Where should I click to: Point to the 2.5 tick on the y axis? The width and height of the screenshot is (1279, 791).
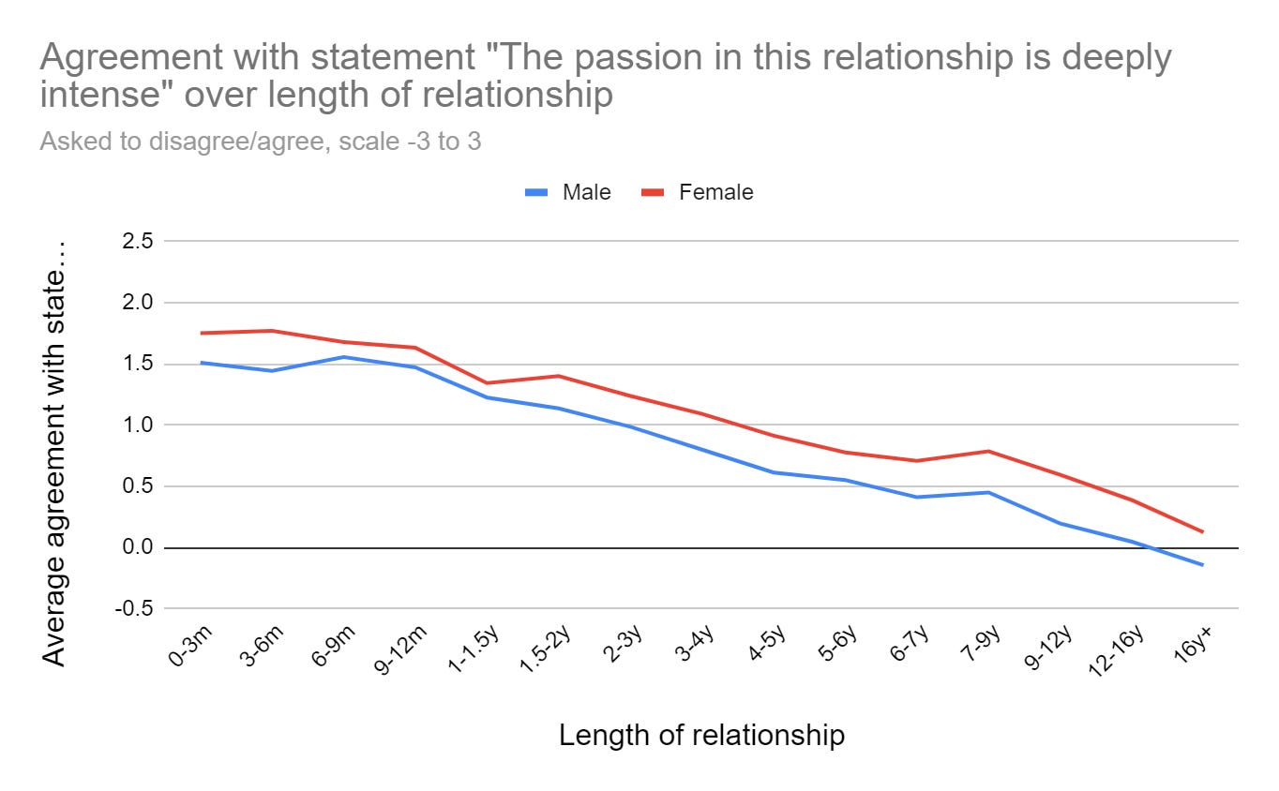pyautogui.click(x=137, y=242)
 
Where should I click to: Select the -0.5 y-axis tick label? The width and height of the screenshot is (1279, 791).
pyautogui.click(x=134, y=609)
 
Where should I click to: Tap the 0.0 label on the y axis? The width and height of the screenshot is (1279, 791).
pyautogui.click(x=137, y=548)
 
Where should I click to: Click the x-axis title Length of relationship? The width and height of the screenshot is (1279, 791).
pyautogui.click(x=701, y=736)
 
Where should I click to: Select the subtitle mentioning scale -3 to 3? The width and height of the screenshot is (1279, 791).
pyautogui.click(x=261, y=142)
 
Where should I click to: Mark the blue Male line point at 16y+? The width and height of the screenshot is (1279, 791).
pyautogui.click(x=1202, y=565)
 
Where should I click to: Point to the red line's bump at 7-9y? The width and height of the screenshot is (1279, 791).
pyautogui.click(x=987, y=451)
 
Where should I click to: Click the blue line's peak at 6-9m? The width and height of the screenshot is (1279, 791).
pyautogui.click(x=344, y=357)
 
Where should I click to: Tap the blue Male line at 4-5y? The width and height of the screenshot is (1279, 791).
pyautogui.click(x=774, y=472)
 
